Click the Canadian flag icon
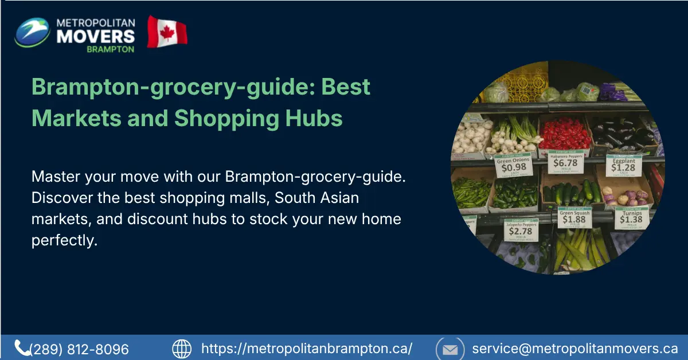pyautogui.click(x=167, y=32)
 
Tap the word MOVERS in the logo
pyautogui.click(x=96, y=36)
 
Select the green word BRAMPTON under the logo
pyautogui.click(x=111, y=49)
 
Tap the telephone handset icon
pyautogui.click(x=22, y=348)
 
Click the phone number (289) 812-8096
pyautogui.click(x=79, y=349)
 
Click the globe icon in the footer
pyautogui.click(x=182, y=349)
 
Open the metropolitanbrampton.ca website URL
pyautogui.click(x=307, y=349)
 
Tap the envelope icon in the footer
pyautogui.click(x=450, y=349)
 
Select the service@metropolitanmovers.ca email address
pyautogui.click(x=575, y=349)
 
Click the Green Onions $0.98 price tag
pyautogui.click(x=513, y=165)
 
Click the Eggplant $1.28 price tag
pyautogui.click(x=623, y=165)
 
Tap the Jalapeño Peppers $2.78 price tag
pyautogui.click(x=521, y=229)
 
